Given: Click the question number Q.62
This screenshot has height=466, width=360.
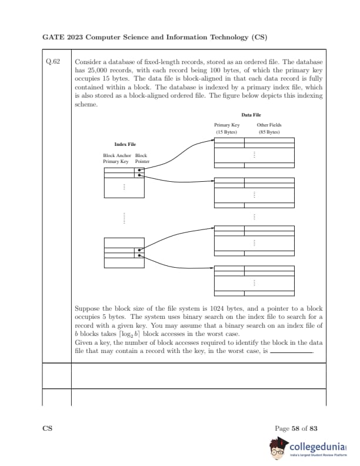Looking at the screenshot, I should tap(52, 62).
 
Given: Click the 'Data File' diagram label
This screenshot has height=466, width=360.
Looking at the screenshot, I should tap(251, 115).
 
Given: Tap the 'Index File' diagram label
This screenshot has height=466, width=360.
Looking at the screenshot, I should tap(125, 144).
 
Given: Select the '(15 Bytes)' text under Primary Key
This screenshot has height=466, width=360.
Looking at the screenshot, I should tap(226, 132).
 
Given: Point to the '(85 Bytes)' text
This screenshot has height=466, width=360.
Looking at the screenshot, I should tap(269, 132).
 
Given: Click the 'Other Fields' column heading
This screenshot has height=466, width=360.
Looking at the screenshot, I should tap(269, 125).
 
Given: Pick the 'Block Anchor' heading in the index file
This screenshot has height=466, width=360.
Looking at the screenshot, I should tap(116, 155).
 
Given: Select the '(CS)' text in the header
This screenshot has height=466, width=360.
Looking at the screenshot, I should tap(259, 38).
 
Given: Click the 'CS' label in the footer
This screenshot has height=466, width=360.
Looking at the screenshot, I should tap(47, 428).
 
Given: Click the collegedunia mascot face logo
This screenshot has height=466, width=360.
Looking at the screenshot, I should tap(278, 448).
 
